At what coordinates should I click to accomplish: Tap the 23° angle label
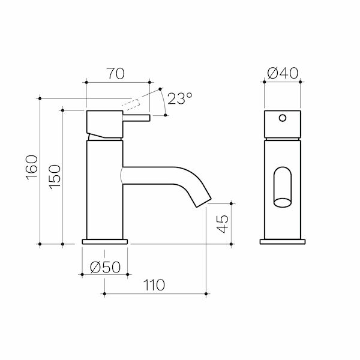pos(179,98)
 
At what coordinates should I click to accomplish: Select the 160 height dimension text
pos(32,166)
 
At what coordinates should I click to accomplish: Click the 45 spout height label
pos(223,224)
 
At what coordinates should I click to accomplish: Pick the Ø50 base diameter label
pos(105,268)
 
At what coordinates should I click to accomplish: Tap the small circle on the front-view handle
pos(282,118)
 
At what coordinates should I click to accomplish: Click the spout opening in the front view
pos(282,187)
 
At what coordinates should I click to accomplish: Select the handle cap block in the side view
pos(104,123)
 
